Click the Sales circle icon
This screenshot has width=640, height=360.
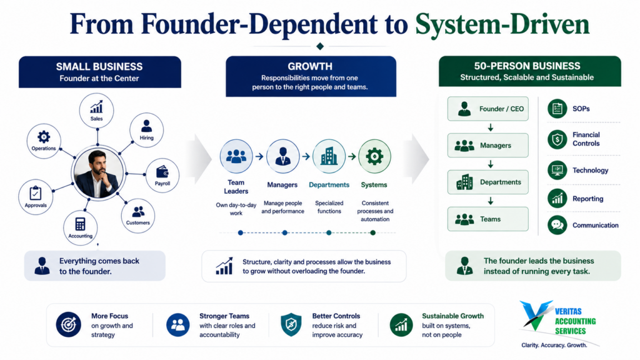[97, 111]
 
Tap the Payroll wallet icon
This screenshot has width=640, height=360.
[162, 172]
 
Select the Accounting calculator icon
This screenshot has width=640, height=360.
[81, 224]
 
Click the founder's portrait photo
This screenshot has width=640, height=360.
[98, 173]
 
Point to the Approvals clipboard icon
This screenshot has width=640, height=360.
[36, 192]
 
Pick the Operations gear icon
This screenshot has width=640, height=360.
[44, 137]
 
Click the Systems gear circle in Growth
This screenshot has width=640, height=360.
[374, 156]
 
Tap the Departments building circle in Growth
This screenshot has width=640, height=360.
[329, 156]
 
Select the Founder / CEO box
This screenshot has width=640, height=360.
[487, 109]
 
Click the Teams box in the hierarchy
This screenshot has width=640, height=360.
[487, 219]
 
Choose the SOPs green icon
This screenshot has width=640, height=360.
[557, 109]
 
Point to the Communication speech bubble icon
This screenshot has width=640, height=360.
[557, 225]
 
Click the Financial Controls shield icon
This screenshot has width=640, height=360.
[557, 139]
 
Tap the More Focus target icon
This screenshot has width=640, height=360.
[68, 324]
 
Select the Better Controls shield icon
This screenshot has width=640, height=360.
[291, 325]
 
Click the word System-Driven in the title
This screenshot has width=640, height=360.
[502, 24]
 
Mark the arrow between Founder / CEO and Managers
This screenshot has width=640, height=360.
[491, 127]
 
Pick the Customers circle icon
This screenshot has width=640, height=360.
[138, 216]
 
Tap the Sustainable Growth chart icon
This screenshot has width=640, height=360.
[401, 325]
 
